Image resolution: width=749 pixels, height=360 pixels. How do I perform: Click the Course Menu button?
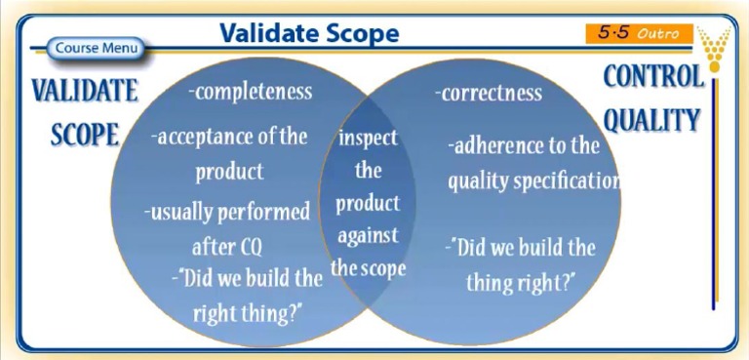coord(96,48)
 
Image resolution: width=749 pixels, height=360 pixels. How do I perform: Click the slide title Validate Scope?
coord(309,33)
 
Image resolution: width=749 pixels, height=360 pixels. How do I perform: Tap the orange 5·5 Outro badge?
coord(639,33)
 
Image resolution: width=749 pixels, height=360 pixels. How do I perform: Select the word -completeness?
coord(251,92)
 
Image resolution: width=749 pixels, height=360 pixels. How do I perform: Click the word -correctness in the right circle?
coord(488,93)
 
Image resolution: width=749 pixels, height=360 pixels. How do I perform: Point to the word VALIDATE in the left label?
coord(84,91)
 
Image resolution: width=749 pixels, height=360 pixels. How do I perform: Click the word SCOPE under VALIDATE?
coord(84,135)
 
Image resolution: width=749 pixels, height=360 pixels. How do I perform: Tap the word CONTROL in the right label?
coord(652,76)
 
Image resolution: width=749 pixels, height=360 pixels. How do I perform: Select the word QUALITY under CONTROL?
coord(651,120)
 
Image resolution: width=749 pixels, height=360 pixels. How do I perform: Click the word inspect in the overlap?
coord(368,137)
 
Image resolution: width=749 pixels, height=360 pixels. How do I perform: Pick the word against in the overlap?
coord(368,235)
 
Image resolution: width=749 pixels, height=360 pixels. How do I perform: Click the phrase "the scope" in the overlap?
coord(368,267)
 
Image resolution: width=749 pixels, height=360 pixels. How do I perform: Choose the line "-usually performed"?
coord(226,211)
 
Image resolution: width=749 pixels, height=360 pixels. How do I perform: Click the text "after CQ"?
coord(227,246)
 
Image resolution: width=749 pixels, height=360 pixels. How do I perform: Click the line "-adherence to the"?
coord(524,146)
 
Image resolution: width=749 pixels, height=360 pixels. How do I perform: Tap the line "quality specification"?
coord(533,180)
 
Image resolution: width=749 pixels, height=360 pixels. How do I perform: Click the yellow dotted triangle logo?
coord(716,49)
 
